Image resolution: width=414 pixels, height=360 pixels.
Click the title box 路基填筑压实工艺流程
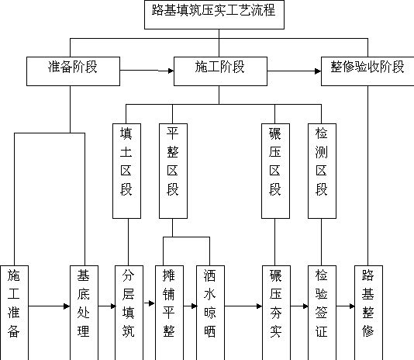click(x=214, y=15)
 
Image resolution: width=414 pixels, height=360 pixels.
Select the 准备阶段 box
click(x=73, y=71)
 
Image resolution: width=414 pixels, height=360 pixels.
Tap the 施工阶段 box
click(x=220, y=71)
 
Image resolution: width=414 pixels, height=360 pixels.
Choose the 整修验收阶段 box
click(x=367, y=71)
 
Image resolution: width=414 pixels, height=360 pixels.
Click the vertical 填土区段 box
click(x=126, y=171)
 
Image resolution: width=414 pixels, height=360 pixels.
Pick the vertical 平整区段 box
click(x=173, y=171)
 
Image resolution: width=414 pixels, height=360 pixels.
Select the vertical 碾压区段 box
click(x=276, y=171)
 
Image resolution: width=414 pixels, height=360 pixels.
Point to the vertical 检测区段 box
click(x=322, y=171)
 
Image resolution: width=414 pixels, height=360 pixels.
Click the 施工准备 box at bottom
click(x=14, y=313)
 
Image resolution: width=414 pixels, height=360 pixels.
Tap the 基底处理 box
click(x=84, y=313)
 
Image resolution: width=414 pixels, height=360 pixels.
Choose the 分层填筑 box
click(x=129, y=313)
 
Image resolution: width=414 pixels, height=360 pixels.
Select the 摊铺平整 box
click(x=169, y=313)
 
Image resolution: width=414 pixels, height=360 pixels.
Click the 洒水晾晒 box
click(x=210, y=313)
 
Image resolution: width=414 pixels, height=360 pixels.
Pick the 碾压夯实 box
click(x=277, y=313)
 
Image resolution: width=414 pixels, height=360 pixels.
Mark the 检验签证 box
click(x=322, y=313)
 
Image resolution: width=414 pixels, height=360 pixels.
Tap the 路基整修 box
click(x=368, y=313)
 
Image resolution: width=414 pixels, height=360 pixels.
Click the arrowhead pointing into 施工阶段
click(x=171, y=71)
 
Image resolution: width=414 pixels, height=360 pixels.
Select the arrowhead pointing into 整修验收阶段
click(x=318, y=71)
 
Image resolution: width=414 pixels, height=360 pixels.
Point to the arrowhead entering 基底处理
click(x=67, y=306)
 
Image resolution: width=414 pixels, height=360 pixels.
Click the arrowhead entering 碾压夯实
click(x=259, y=306)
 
